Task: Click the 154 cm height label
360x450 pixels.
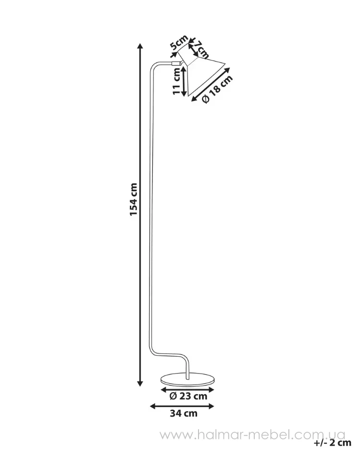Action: [134, 200]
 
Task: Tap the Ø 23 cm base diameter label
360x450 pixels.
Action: [188, 396]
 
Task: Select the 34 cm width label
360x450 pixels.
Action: [184, 413]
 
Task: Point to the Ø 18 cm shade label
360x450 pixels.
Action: [217, 89]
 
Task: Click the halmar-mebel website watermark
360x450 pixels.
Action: [252, 436]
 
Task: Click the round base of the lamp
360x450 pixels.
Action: [187, 379]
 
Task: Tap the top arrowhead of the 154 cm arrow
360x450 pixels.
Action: [140, 47]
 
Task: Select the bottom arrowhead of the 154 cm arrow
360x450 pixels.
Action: [140, 383]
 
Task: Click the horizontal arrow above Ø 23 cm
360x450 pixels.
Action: [187, 389]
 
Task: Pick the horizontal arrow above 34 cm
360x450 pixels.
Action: [182, 406]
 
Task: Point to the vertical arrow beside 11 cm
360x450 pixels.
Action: [185, 82]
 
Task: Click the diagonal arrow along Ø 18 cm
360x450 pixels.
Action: [211, 85]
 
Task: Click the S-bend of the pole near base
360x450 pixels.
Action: [169, 356]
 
